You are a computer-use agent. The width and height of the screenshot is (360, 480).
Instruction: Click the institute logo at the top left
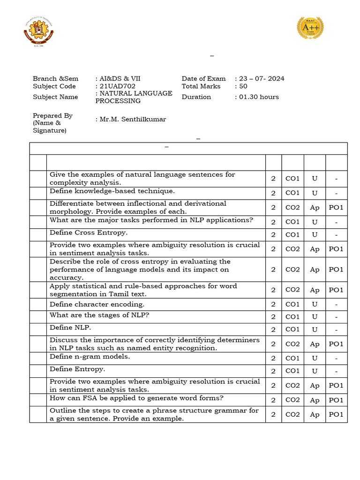(x=38, y=32)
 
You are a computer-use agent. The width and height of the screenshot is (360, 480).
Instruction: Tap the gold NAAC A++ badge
(x=311, y=28)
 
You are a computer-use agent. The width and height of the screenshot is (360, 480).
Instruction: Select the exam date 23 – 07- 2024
(x=261, y=79)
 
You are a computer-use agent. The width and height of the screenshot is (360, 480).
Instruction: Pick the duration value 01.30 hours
(x=258, y=97)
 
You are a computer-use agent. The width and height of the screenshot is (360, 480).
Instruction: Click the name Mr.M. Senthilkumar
(x=130, y=120)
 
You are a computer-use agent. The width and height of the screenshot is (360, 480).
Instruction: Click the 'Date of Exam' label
(x=203, y=79)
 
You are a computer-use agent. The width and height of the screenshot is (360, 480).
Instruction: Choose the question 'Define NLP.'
(x=70, y=328)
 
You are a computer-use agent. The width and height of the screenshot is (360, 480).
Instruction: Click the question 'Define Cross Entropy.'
(x=89, y=232)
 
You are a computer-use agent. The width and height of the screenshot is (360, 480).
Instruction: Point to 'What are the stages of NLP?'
(x=99, y=315)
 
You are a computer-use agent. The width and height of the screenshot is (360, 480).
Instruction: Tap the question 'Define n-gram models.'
(x=90, y=357)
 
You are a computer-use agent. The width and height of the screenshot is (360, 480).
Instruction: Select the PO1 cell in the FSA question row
(x=336, y=400)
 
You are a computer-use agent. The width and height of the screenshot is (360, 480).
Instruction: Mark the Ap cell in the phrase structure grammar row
(x=315, y=415)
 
